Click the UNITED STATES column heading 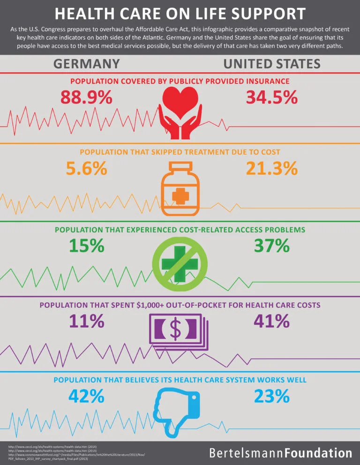click(x=272, y=64)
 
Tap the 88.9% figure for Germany click(x=86, y=97)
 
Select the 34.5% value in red click(x=272, y=97)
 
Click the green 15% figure click(x=86, y=246)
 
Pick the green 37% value click(x=272, y=246)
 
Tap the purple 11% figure click(x=86, y=321)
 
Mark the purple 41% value click(x=272, y=321)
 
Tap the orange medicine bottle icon click(x=180, y=187)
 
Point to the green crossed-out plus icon click(x=180, y=263)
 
